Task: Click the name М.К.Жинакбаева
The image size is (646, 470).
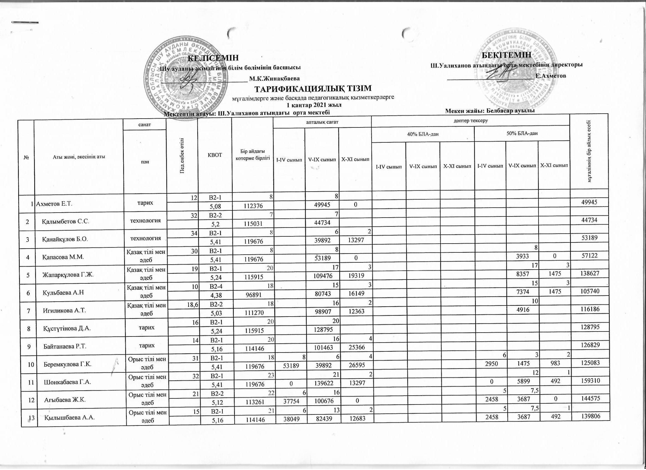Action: (274, 78)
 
